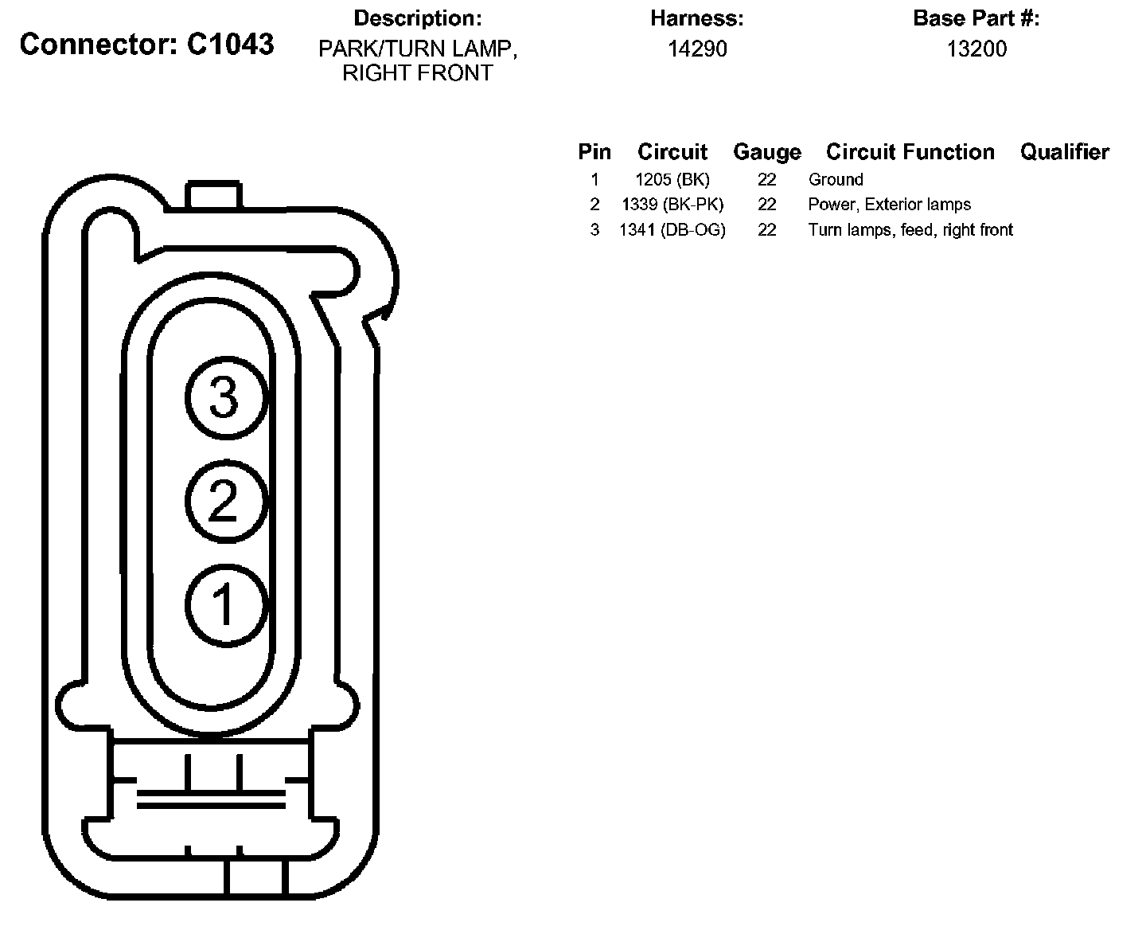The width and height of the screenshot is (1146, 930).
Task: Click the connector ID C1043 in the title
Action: pos(230,44)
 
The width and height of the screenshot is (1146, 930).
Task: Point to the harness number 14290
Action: pos(697,49)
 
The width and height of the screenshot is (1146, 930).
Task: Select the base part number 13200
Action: pos(976,49)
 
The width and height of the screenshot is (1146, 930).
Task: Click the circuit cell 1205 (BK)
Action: pos(672,179)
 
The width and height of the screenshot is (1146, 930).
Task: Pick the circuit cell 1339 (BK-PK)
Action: pos(672,205)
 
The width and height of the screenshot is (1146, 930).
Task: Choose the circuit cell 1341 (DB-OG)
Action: pos(672,230)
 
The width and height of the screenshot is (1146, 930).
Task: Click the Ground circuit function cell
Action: pos(836,179)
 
